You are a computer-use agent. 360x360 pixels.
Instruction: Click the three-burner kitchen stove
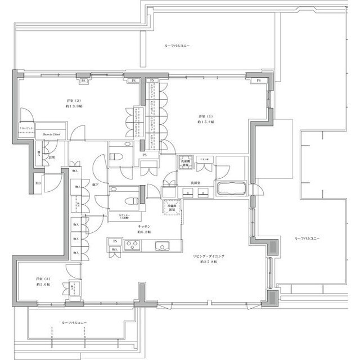(x=134, y=245)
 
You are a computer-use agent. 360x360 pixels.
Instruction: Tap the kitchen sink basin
(x=161, y=245)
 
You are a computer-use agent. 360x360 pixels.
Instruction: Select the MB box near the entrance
(x=37, y=183)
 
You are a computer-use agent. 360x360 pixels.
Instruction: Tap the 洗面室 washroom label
(x=195, y=183)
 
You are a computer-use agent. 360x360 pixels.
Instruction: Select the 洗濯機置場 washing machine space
(x=185, y=162)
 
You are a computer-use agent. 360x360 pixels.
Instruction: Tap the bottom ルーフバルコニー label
(x=74, y=323)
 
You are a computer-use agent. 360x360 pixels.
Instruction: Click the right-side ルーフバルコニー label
(x=307, y=238)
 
